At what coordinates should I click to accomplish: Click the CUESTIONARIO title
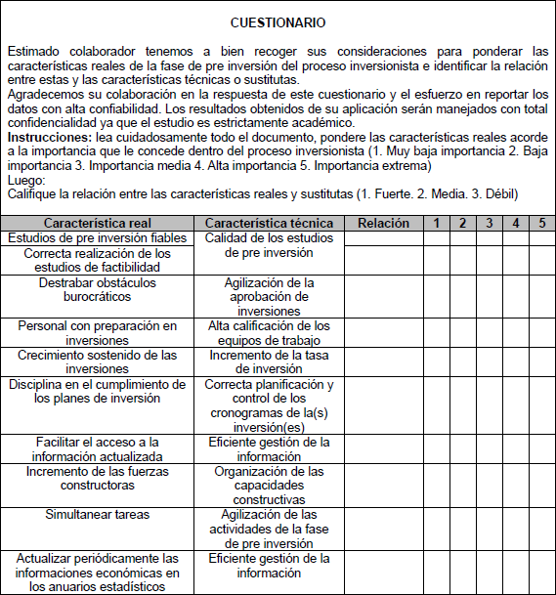click(278, 21)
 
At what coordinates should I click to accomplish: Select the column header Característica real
click(98, 224)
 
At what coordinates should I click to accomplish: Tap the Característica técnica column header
click(269, 224)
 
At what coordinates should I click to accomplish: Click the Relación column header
click(384, 224)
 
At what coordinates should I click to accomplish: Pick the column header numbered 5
click(542, 224)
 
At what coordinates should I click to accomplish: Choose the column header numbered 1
click(437, 224)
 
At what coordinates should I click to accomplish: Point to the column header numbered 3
click(490, 224)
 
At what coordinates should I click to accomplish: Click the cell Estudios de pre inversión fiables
click(98, 238)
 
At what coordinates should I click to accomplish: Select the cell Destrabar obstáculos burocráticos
click(98, 289)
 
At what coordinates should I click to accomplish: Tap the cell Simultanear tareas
click(98, 514)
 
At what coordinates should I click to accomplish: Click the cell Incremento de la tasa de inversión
click(269, 361)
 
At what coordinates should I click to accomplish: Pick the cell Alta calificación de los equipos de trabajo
click(269, 333)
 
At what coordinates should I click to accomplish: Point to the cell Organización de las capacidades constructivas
click(269, 485)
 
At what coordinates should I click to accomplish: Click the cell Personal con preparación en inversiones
click(98, 333)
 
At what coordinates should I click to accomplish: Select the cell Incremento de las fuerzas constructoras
click(98, 478)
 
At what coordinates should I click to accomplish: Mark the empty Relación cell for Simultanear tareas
click(384, 529)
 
